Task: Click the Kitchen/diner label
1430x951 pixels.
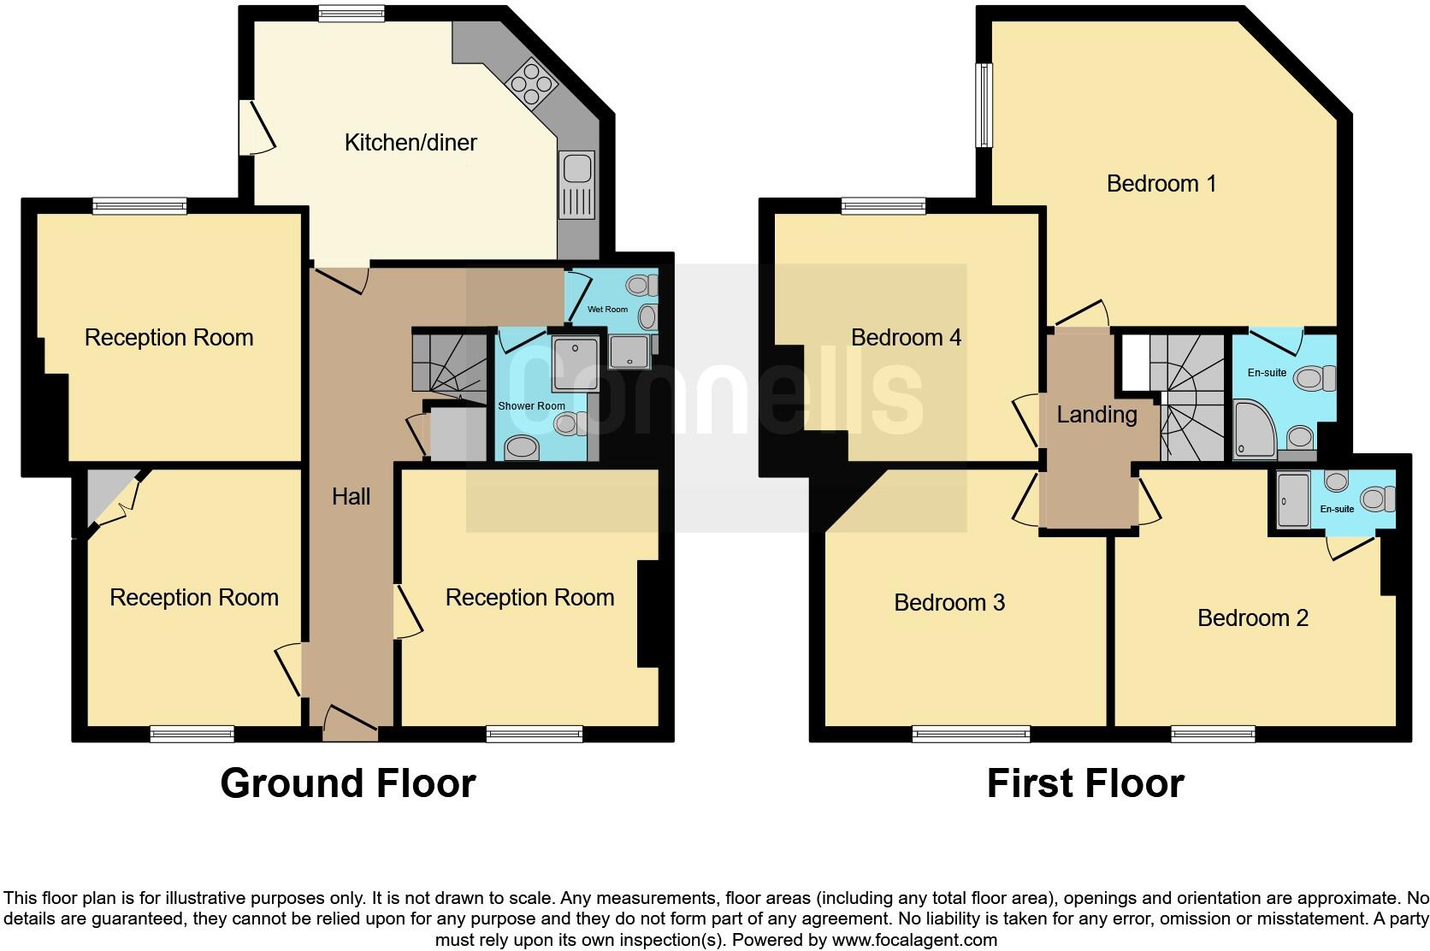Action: [411, 142]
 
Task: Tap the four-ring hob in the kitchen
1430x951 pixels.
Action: [529, 82]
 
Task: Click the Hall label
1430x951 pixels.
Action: [351, 496]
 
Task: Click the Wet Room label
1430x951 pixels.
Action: [607, 309]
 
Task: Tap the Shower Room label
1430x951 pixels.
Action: [531, 405]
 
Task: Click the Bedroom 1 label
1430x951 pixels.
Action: [1161, 183]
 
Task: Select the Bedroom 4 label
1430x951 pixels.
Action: [906, 337]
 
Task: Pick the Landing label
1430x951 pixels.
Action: [1096, 415]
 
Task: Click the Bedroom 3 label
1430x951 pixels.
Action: [948, 602]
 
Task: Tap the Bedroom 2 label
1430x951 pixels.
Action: [1252, 617]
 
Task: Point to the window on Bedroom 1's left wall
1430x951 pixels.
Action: [985, 105]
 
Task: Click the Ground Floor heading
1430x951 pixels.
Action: [347, 783]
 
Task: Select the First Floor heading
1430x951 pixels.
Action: [1084, 783]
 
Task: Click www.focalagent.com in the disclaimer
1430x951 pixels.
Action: [913, 940]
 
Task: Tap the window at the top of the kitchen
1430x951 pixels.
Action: [351, 14]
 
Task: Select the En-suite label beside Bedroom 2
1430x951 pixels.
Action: [1337, 509]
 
